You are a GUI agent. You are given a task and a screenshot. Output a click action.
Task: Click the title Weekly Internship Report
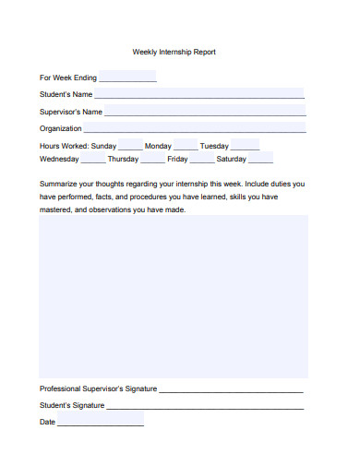(x=174, y=53)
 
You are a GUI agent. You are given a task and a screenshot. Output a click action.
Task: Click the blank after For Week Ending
(x=127, y=78)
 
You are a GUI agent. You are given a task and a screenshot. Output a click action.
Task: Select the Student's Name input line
(x=199, y=94)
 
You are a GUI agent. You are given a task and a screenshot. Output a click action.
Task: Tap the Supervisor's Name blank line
(x=205, y=112)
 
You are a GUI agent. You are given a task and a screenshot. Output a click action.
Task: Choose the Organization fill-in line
(x=195, y=129)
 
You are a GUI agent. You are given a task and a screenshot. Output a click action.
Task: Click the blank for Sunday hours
(x=130, y=147)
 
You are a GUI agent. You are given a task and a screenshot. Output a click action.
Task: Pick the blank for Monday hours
(x=186, y=147)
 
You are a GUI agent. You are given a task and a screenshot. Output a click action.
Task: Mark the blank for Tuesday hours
(x=245, y=147)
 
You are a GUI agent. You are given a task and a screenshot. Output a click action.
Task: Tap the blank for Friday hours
(x=202, y=159)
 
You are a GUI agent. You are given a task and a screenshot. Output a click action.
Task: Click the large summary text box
(x=174, y=295)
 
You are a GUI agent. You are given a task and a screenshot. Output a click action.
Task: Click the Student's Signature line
(x=205, y=406)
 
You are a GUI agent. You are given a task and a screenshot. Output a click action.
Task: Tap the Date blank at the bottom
(x=101, y=423)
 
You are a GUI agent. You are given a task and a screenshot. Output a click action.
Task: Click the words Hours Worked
(x=64, y=147)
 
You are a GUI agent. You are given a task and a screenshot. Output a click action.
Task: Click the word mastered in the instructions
(x=54, y=209)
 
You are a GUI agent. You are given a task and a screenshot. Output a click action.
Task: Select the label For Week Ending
(x=67, y=78)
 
